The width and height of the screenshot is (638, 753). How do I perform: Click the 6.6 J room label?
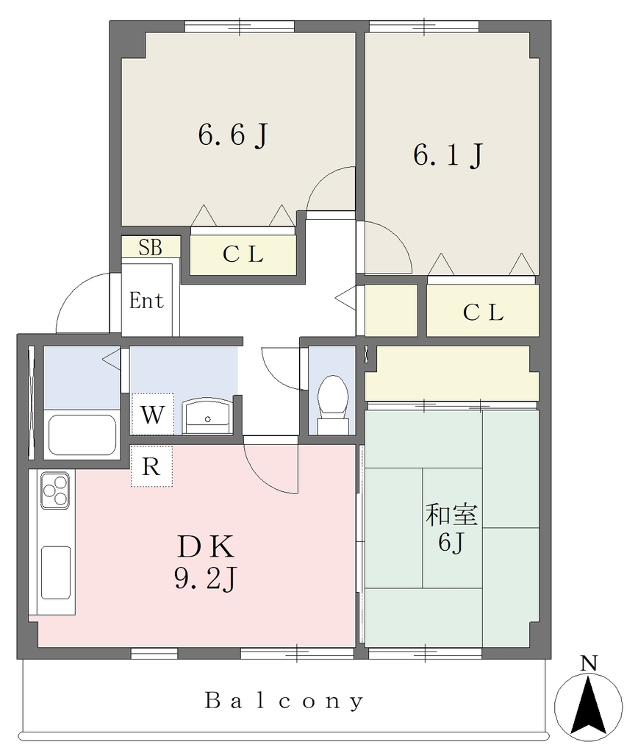pos(233,135)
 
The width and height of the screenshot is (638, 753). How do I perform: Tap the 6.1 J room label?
pos(448,154)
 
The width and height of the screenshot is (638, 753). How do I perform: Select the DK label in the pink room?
pos(206,547)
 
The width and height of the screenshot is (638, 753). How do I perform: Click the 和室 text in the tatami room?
pos(451,514)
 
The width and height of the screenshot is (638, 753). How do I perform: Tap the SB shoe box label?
pos(150,247)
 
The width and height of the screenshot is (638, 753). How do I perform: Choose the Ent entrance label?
pos(146,301)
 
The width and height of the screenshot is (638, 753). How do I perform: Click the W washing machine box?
pos(152,413)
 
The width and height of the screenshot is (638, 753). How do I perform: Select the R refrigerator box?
pos(151,465)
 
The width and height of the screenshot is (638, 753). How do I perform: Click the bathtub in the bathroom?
pos(82,435)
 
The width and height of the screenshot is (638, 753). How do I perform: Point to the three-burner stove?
pos(55,490)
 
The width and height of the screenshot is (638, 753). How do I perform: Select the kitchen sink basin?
pos(56,572)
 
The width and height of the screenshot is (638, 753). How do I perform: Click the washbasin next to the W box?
pos(207,416)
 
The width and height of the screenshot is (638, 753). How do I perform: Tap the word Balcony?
pos(284,701)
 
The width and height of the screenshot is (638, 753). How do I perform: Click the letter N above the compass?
pos(589,663)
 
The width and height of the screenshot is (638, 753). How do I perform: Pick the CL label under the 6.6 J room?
pos(243,254)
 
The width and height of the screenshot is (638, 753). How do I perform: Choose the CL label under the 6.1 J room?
pos(483,313)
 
